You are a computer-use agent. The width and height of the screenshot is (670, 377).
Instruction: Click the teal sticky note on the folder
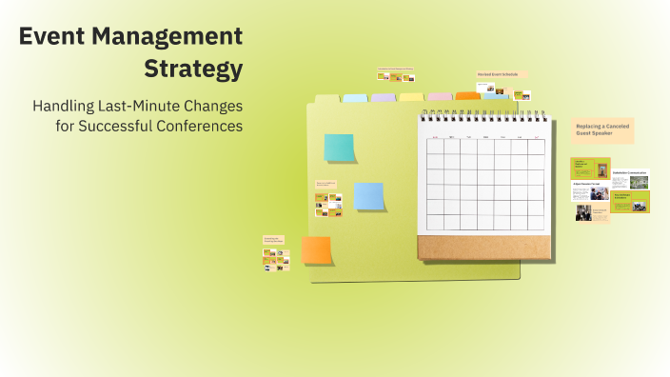[x=339, y=148]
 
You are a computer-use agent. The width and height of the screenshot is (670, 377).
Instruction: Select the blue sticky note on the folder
[x=368, y=196]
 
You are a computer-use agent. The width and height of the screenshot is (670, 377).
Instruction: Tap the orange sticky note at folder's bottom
[x=316, y=250]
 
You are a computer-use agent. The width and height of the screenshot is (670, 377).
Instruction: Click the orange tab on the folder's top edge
[x=467, y=96]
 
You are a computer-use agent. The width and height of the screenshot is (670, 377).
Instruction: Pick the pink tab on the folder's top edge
[x=440, y=96]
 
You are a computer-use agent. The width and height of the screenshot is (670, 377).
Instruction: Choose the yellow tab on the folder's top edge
[x=411, y=97]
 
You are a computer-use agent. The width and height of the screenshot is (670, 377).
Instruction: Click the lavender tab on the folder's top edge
[x=383, y=97]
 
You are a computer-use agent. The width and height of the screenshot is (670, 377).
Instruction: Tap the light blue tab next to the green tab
[x=355, y=97]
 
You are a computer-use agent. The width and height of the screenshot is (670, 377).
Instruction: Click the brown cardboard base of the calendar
[x=484, y=248]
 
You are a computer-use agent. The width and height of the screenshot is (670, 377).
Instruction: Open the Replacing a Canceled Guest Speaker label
[x=602, y=130]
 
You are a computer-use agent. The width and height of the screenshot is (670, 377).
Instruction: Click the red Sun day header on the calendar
[x=435, y=138]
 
